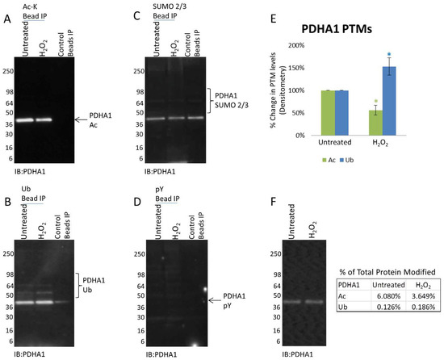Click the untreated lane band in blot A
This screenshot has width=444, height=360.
(x=31, y=120)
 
